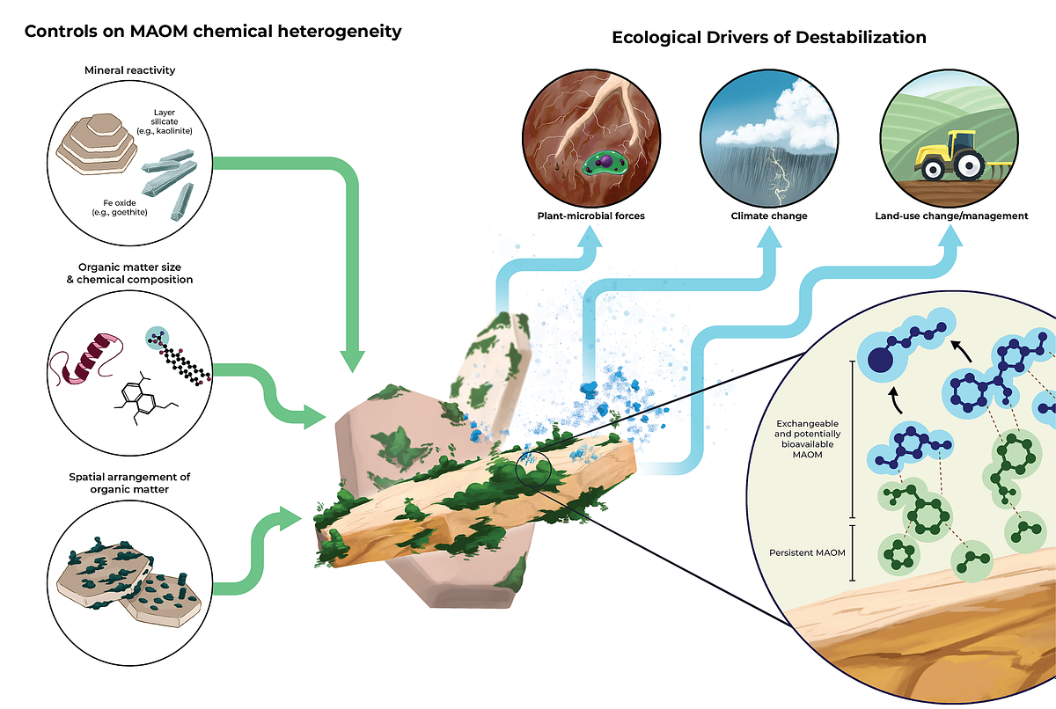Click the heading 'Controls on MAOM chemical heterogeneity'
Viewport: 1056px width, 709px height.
213,32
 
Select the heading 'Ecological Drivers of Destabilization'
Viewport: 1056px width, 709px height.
768,38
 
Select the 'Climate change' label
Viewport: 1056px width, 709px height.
769,216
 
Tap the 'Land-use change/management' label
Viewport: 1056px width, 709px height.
951,216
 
